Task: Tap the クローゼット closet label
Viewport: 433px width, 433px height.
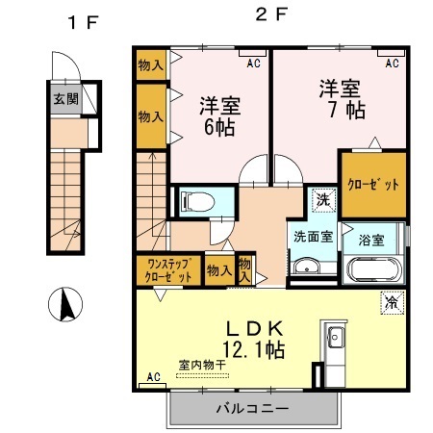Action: pyautogui.click(x=372, y=183)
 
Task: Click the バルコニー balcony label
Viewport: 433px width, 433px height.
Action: pyautogui.click(x=256, y=408)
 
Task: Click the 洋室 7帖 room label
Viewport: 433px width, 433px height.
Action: pyautogui.click(x=342, y=95)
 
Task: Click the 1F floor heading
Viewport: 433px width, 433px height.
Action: pyautogui.click(x=82, y=21)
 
